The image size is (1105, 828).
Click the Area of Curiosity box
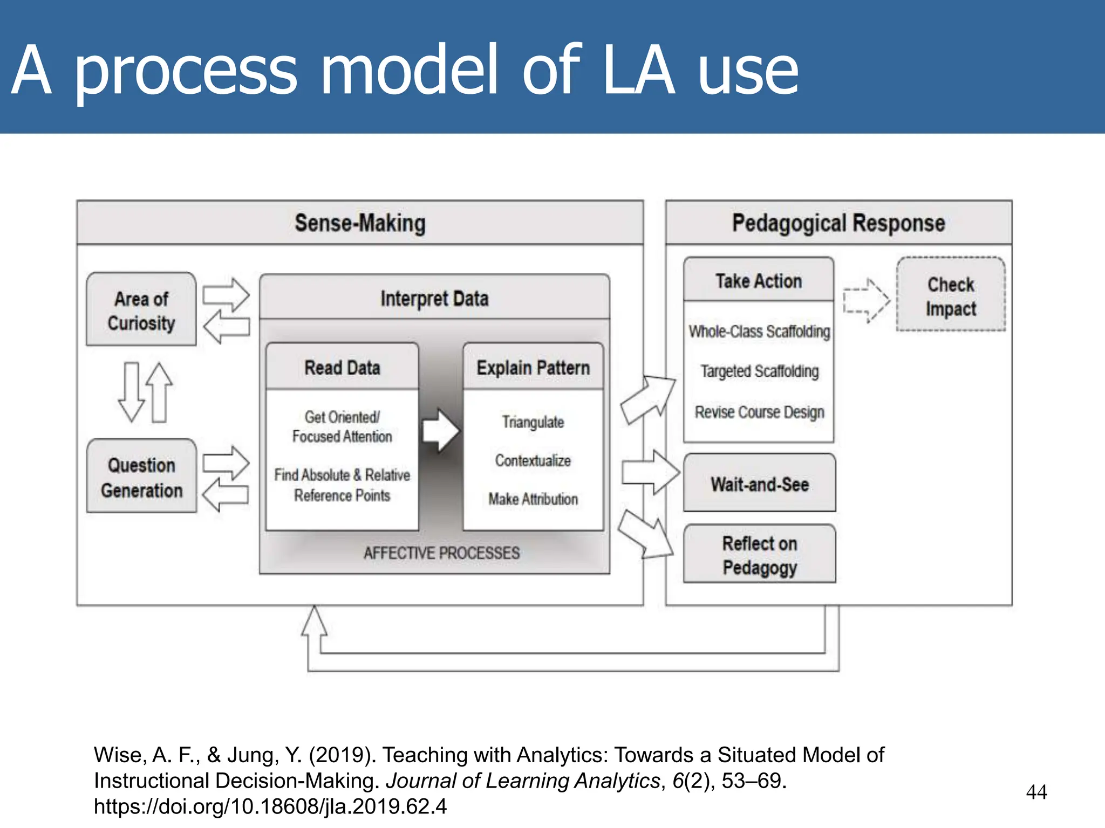[x=141, y=310]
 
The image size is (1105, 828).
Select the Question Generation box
[x=141, y=477]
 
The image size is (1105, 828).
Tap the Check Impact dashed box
[x=951, y=296]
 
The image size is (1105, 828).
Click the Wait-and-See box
[x=759, y=484]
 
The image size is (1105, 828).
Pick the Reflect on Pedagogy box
[x=759, y=555]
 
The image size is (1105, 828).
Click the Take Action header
[x=759, y=281]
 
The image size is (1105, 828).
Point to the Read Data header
[x=342, y=368]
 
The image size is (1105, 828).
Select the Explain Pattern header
[x=533, y=368]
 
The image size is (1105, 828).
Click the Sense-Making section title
[x=360, y=223]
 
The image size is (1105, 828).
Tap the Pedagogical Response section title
[x=838, y=223]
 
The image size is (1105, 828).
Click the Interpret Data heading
[x=434, y=298]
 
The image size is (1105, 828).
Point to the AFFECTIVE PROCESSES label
[x=441, y=553]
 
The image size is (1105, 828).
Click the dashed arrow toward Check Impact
[x=866, y=300]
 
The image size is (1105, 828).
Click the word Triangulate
[x=533, y=422]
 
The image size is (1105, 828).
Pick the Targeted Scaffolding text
[x=759, y=371]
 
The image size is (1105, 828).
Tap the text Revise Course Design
[x=759, y=412]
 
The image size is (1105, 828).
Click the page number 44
[x=1036, y=792]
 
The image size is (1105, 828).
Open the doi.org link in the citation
[x=270, y=806]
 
